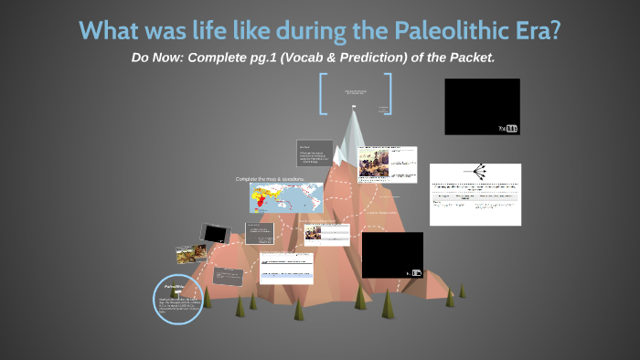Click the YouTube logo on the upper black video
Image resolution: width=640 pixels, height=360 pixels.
click(x=508, y=128)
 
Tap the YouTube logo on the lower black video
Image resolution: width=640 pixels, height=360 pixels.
click(x=415, y=272)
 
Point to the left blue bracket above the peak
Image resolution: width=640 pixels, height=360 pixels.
click(x=323, y=93)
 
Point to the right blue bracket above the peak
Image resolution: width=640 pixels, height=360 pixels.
click(x=388, y=93)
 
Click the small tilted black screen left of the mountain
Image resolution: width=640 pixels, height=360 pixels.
click(x=215, y=234)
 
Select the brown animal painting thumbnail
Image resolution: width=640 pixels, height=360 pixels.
click(x=191, y=253)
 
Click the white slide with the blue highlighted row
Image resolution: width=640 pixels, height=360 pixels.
click(x=286, y=268)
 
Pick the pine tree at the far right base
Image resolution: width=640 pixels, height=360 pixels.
click(x=462, y=290)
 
